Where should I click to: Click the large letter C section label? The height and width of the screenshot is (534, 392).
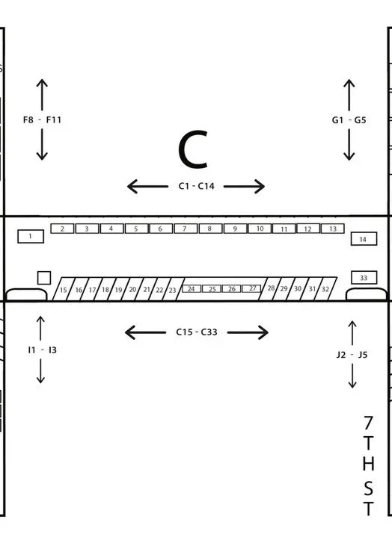tap(193, 149)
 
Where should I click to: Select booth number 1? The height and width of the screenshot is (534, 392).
tap(31, 236)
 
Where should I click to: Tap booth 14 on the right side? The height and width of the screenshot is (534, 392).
tap(364, 239)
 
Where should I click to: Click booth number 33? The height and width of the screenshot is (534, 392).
tap(364, 278)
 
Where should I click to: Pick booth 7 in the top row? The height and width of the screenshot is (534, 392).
tap(186, 229)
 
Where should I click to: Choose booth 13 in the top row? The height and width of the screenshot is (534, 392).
tap(333, 229)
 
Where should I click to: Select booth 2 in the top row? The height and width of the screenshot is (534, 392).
tap(62, 229)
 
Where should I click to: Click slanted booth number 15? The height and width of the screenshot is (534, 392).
tap(64, 289)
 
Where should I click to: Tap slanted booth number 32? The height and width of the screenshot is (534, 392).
tap(325, 289)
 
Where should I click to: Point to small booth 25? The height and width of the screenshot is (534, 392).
tap(212, 289)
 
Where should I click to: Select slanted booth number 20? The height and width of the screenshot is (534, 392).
tap(132, 289)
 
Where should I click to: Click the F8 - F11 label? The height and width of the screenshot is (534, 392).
tap(42, 120)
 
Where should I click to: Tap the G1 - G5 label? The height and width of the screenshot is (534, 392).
tap(349, 120)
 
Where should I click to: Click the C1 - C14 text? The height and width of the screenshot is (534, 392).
tap(197, 186)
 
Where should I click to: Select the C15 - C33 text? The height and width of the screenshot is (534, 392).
tap(197, 332)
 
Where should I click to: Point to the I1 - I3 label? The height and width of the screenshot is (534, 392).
tap(42, 350)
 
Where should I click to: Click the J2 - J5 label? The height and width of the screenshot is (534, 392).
tap(352, 355)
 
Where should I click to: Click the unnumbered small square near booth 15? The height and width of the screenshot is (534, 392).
tap(44, 278)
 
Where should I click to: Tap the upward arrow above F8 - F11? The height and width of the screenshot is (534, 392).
tap(42, 94)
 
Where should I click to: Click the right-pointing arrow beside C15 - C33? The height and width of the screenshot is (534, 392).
tap(248, 332)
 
